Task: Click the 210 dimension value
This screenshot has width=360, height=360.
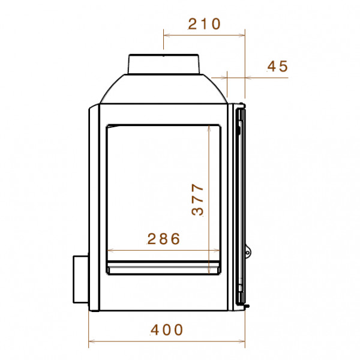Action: pos(204,24)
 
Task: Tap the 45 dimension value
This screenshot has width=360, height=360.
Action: pos(278,66)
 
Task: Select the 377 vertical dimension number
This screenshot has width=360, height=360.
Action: pos(197,199)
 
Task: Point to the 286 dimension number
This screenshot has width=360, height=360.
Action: pos(163,239)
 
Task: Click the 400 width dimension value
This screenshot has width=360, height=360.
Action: pos(167,329)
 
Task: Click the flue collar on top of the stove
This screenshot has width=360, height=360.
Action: pos(163,64)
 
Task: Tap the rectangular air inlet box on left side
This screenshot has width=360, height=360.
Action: pos(80,279)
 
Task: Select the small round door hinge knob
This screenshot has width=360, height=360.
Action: pos(248,253)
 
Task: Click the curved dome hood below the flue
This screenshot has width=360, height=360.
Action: pos(163,89)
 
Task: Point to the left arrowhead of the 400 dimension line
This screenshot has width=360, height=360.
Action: pos(91,341)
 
